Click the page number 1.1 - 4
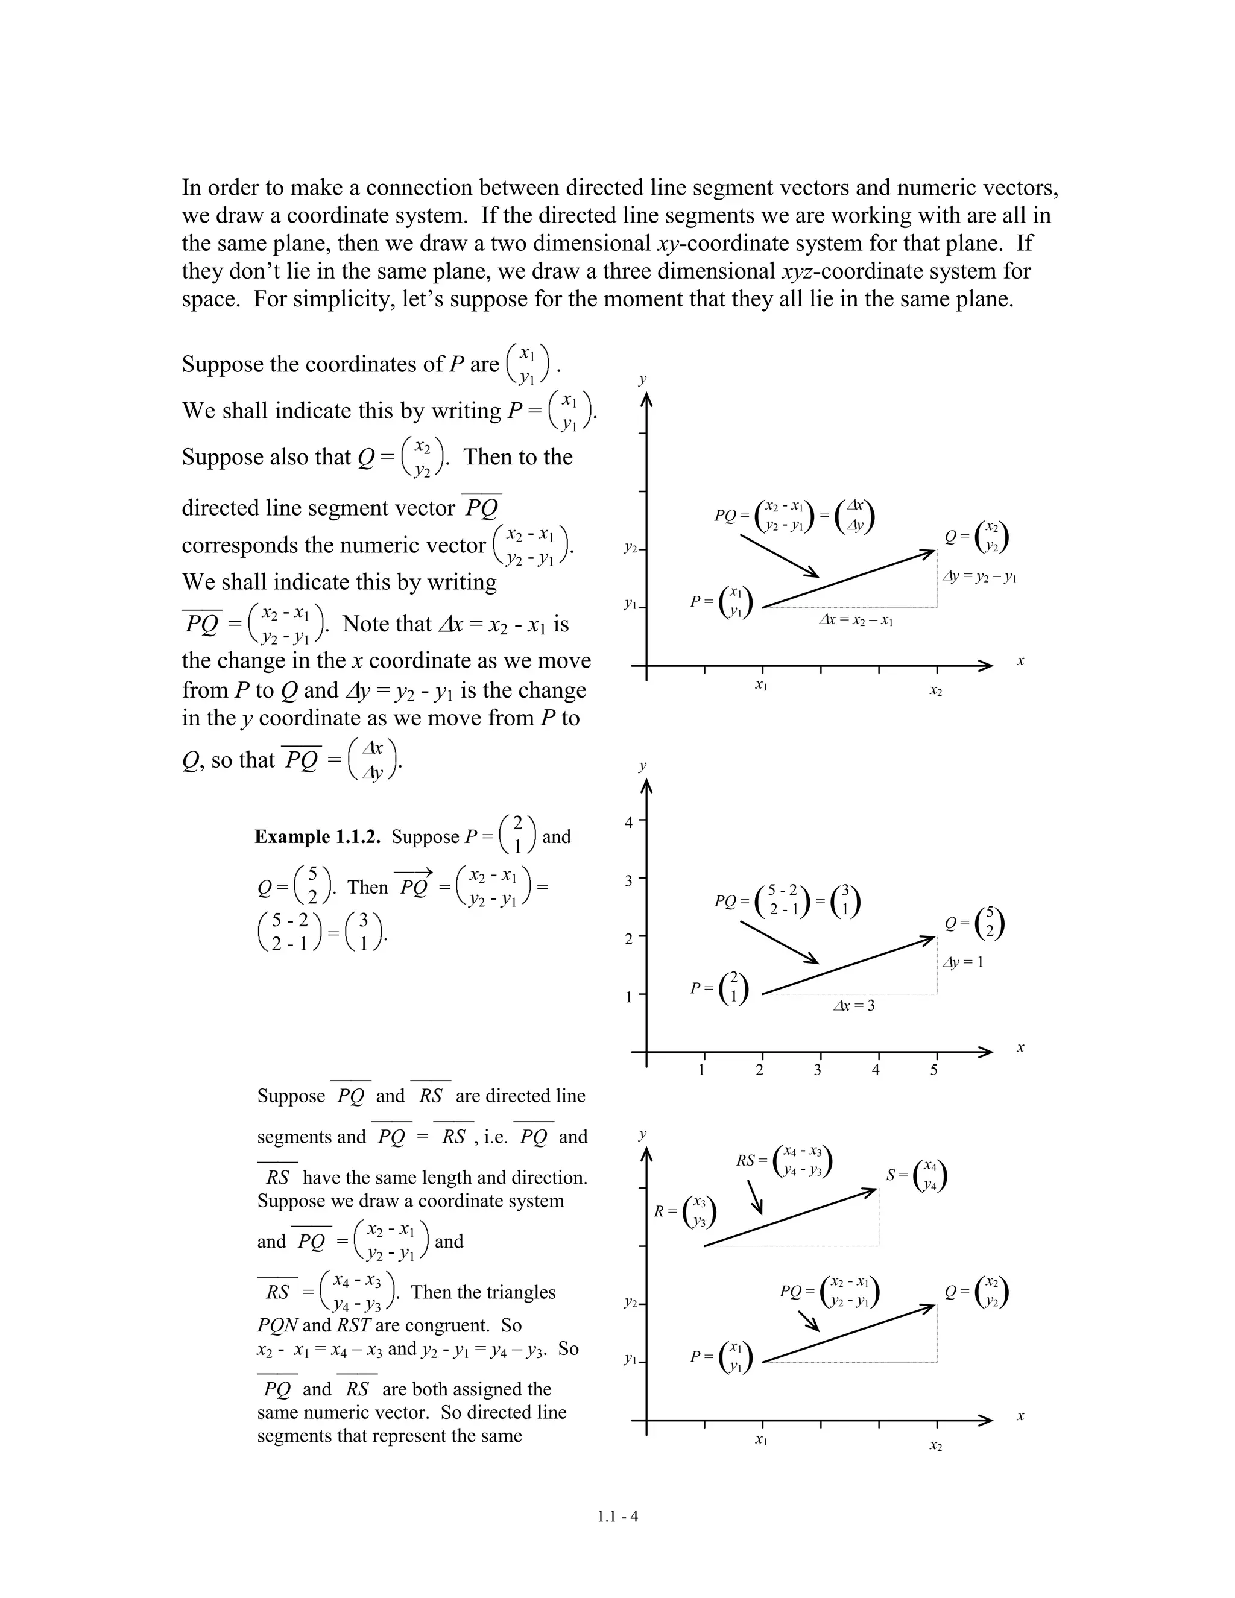[x=617, y=1517]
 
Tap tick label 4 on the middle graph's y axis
[x=628, y=823]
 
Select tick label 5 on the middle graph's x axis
[x=934, y=1070]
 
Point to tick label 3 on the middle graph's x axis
[x=818, y=1070]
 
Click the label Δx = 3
[x=854, y=1005]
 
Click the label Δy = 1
[x=963, y=962]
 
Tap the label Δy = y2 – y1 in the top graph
[x=980, y=576]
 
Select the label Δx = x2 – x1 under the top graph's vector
[x=855, y=620]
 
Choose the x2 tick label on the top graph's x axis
[x=936, y=690]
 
